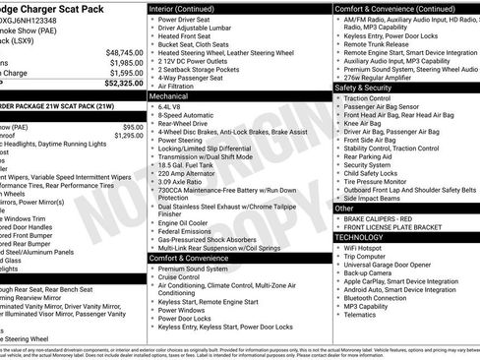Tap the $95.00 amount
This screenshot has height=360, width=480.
point(133,127)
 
